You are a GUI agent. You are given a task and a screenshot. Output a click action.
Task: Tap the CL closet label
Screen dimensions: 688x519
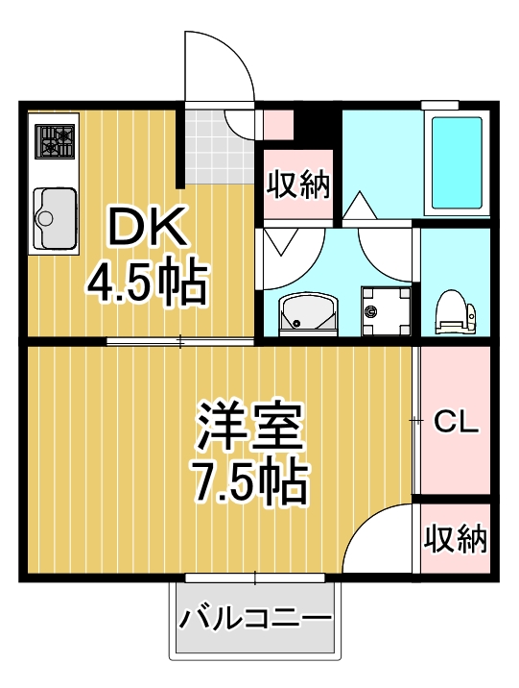click(x=456, y=422)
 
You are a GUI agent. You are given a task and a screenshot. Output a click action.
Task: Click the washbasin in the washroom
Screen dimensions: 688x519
click(x=307, y=312)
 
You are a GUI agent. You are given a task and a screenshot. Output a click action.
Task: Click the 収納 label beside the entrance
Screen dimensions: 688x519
click(x=297, y=183)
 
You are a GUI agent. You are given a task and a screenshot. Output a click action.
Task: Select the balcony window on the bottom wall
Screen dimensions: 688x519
click(x=254, y=577)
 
